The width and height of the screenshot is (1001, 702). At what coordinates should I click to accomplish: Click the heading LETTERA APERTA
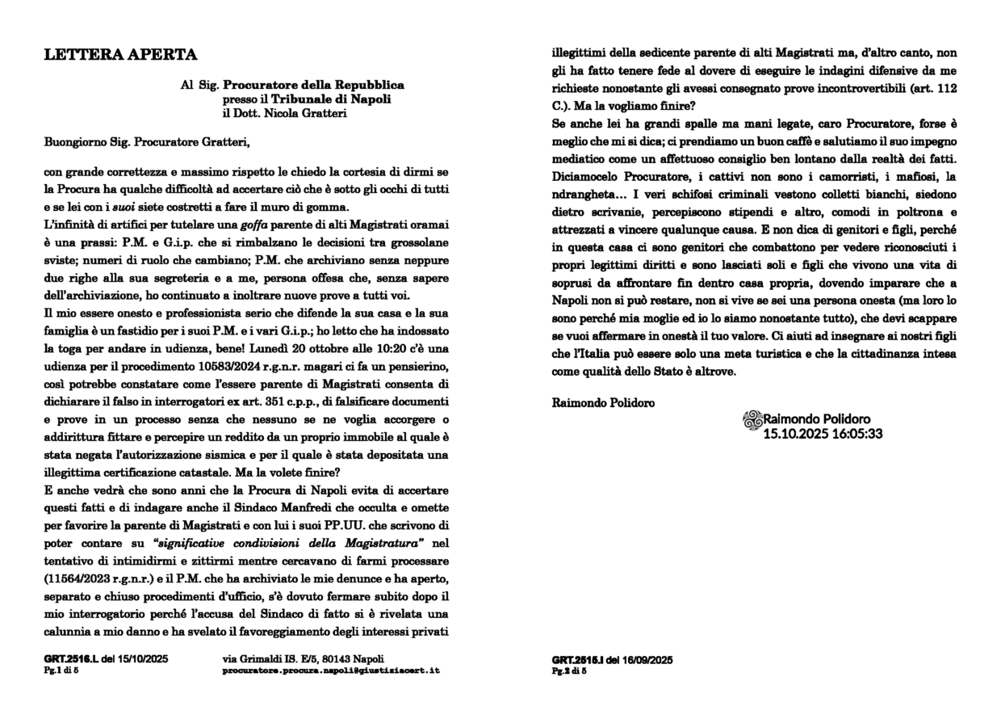tap(120, 55)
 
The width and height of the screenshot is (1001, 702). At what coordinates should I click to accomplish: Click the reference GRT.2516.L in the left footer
tap(72, 660)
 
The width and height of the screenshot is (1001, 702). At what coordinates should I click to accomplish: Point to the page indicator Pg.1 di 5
tap(62, 670)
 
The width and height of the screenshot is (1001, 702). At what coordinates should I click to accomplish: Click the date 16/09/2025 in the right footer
tap(645, 660)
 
